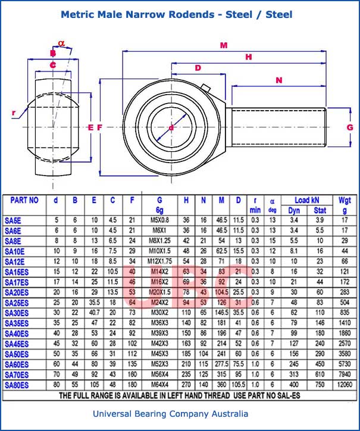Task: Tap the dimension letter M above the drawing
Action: point(224,45)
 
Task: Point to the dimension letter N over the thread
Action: point(278,80)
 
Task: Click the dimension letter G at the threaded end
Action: point(349,127)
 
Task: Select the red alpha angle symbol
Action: point(61,43)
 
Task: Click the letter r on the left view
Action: point(14,112)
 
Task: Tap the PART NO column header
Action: point(24,201)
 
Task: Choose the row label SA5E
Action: point(13,220)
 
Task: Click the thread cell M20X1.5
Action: point(160,292)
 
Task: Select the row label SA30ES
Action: point(17,313)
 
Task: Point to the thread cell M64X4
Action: point(160,385)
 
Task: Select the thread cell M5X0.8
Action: point(160,220)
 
